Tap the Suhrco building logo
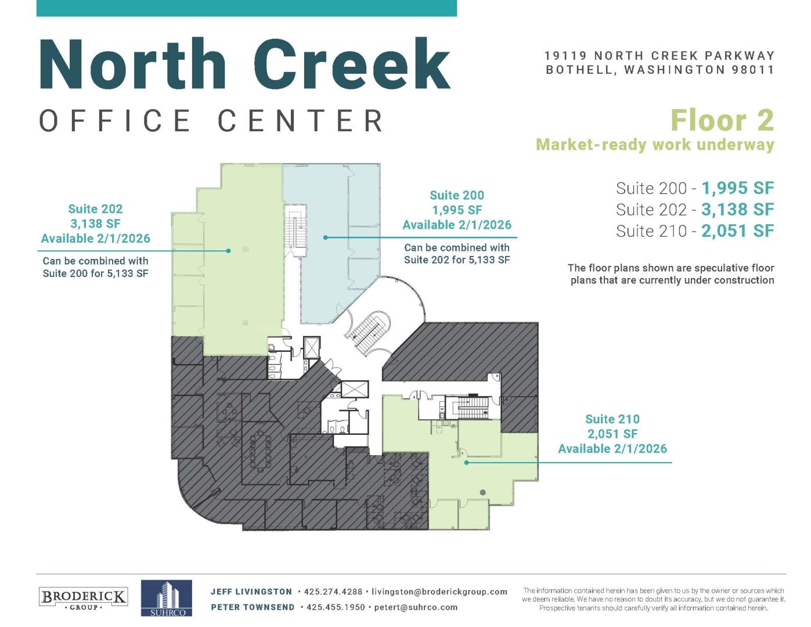[x=166, y=597]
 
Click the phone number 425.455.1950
[x=336, y=607]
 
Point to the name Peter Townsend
[x=253, y=607]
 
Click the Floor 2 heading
[x=722, y=120]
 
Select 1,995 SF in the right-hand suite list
[x=737, y=188]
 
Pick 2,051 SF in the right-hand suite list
[x=737, y=230]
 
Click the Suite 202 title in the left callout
[x=95, y=208]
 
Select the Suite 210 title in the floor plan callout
[x=612, y=419]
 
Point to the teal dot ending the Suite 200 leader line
[x=325, y=237]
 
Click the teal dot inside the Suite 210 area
[x=466, y=462]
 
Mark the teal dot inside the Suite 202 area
[x=228, y=251]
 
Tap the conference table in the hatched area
[x=259, y=452]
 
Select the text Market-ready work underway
[x=655, y=145]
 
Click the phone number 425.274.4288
[x=333, y=592]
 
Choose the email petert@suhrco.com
[x=416, y=607]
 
